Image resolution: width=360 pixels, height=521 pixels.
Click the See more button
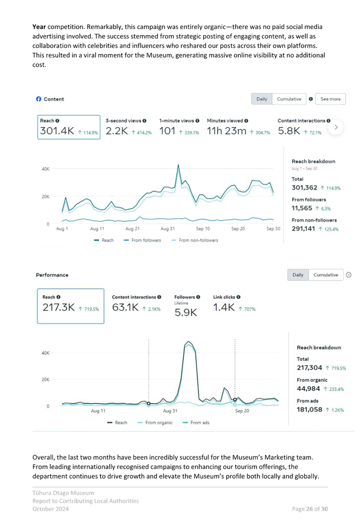pos(330,99)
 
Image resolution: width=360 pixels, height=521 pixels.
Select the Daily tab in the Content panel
pos(262,99)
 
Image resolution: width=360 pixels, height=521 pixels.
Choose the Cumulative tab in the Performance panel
pos(325,274)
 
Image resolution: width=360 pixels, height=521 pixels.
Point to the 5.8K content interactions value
pos(289,131)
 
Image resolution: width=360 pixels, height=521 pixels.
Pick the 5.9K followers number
pos(186,312)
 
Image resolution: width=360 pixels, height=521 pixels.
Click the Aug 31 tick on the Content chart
pos(168,229)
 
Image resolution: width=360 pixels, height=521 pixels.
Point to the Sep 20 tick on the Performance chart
pos(242,411)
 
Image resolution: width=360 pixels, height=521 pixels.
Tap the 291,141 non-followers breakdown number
pos(306,229)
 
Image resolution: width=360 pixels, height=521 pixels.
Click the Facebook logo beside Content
pos(39,99)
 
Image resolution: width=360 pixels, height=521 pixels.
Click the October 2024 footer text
pos(47,509)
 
